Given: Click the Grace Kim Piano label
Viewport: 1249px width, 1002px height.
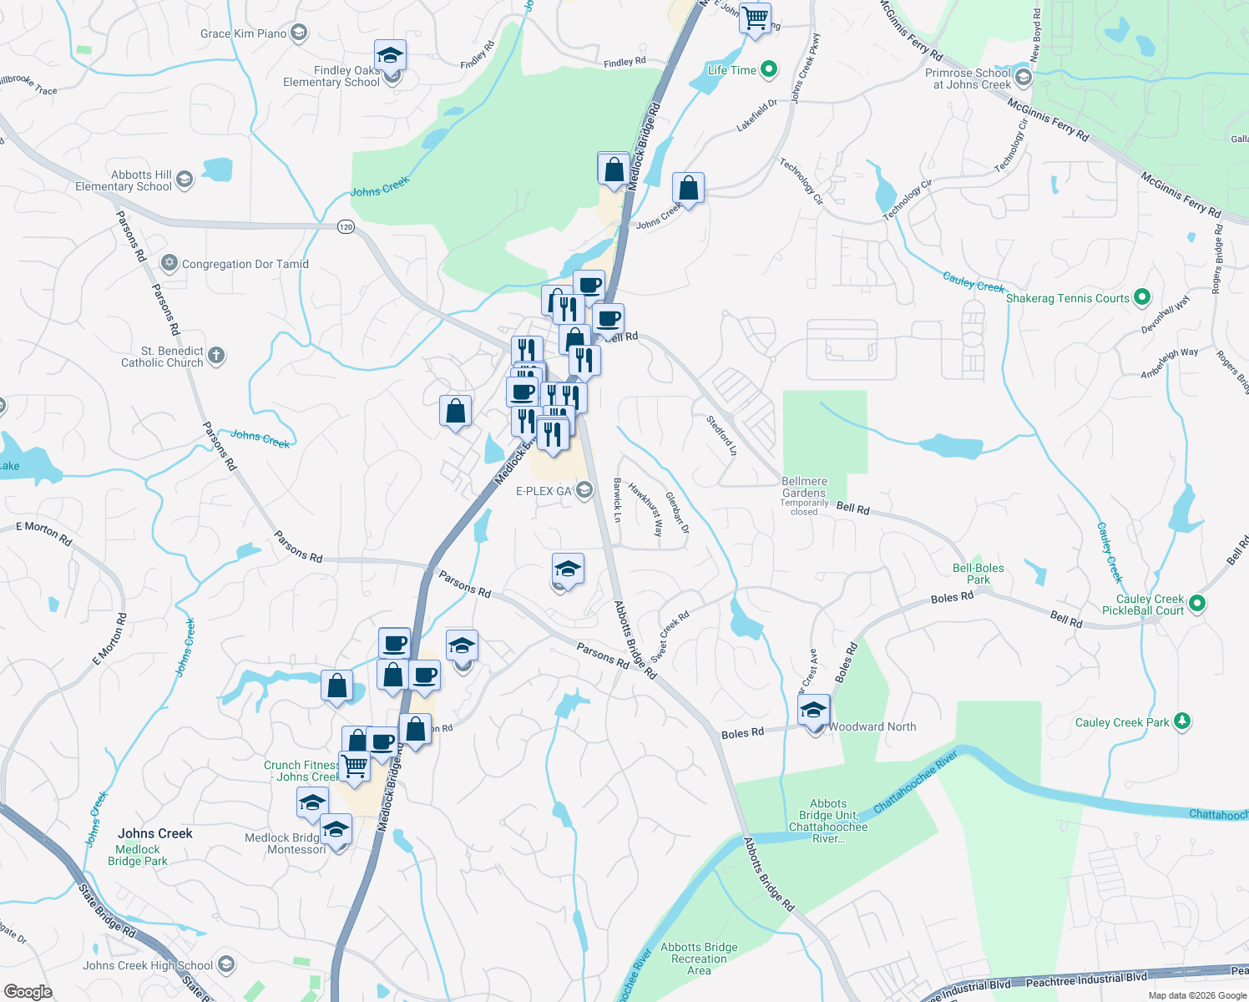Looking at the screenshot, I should (243, 33).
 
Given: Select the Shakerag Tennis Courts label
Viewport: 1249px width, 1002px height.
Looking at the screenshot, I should (1067, 298).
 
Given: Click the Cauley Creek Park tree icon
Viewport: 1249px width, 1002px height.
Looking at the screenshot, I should (1181, 721).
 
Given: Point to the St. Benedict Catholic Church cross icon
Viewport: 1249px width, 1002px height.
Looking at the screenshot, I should (216, 356).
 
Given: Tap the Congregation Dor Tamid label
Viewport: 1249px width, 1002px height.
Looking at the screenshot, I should (245, 264).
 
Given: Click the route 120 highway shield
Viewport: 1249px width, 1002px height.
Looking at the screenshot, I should (346, 226).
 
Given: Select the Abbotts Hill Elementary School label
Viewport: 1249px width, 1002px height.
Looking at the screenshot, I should (124, 180).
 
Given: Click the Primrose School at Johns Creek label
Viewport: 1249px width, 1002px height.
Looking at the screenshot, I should (968, 78).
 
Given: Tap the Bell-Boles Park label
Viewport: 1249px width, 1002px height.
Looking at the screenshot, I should (978, 574).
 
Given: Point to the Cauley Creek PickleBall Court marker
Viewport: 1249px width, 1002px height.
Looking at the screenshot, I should (1196, 603).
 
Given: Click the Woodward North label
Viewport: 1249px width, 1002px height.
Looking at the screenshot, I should (872, 726).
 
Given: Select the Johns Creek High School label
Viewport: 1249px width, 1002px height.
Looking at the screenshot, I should (148, 965).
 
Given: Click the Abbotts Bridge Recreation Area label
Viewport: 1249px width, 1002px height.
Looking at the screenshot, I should (699, 959).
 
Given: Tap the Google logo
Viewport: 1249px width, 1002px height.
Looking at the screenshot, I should (28, 991).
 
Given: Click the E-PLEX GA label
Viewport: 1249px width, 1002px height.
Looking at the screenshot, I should (544, 491).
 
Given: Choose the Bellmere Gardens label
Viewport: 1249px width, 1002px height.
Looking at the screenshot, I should (805, 487).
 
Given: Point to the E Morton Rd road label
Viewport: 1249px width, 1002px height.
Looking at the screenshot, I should (43, 532).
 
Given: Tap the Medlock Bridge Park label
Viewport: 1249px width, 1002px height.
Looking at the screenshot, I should (138, 855).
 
